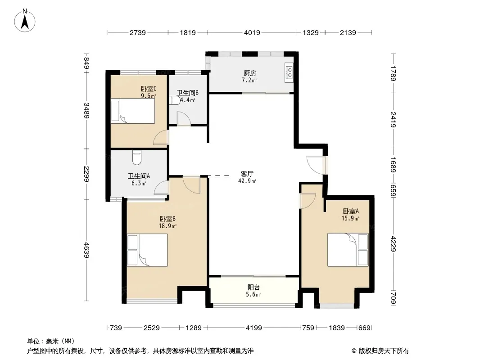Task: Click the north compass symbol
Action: click(x=26, y=20)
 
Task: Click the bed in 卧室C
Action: click(x=133, y=111)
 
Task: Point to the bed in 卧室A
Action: click(x=348, y=249)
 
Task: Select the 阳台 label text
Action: click(x=254, y=288)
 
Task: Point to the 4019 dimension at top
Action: click(x=252, y=32)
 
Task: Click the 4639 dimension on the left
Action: click(x=86, y=250)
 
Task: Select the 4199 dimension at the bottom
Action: click(x=254, y=328)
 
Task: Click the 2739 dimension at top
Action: click(x=137, y=32)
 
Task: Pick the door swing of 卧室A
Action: click(x=308, y=200)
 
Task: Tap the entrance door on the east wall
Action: click(x=315, y=163)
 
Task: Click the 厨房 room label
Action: click(x=250, y=73)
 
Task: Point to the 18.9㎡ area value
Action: click(x=168, y=226)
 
